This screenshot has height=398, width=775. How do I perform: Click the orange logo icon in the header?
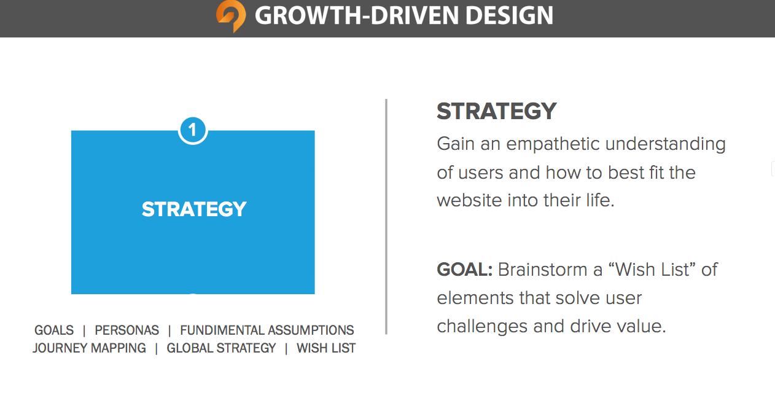click(231, 16)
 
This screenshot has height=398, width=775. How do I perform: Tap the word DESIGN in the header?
click(509, 15)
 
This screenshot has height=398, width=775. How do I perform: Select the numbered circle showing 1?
click(193, 130)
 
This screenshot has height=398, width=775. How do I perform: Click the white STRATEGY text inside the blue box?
click(194, 209)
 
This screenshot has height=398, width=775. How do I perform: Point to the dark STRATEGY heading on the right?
click(496, 111)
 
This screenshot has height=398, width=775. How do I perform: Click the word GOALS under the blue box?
click(54, 330)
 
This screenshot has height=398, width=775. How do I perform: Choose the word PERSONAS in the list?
click(127, 330)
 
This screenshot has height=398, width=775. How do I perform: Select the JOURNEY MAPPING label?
click(89, 348)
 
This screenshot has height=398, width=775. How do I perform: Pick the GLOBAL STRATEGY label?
click(221, 348)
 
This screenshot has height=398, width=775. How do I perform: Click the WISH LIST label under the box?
click(326, 348)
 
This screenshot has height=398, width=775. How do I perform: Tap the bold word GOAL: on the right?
click(464, 270)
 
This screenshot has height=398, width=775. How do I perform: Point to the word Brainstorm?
click(545, 270)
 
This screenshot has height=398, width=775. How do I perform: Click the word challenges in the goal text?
click(482, 327)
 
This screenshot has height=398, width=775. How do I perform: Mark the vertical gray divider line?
click(386, 217)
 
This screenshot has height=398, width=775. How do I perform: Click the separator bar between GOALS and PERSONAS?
click(84, 330)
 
